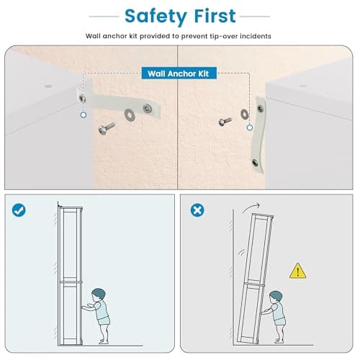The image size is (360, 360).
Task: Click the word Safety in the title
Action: (156, 17)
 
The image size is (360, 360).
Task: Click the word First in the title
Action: (215, 16)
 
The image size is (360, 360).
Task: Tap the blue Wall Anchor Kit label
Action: (179, 73)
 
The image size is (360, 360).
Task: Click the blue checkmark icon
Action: (19, 210)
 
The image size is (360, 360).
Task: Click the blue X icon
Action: (197, 210)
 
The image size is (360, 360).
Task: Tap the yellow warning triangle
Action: (297, 271)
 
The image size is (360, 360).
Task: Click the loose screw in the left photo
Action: (107, 128)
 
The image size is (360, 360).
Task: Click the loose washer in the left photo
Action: (130, 114)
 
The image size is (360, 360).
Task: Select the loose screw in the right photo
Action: (225, 122)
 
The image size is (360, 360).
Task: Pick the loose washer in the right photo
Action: (244, 114)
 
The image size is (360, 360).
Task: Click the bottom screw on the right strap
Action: (255, 163)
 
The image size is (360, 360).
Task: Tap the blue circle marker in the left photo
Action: (84, 115)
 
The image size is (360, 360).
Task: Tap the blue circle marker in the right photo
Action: (250, 127)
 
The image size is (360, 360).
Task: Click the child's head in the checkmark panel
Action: (99, 294)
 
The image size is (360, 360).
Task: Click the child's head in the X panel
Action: (276, 297)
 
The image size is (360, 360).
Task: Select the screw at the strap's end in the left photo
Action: (147, 109)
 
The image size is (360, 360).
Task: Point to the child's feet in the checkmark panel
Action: (104, 341)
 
